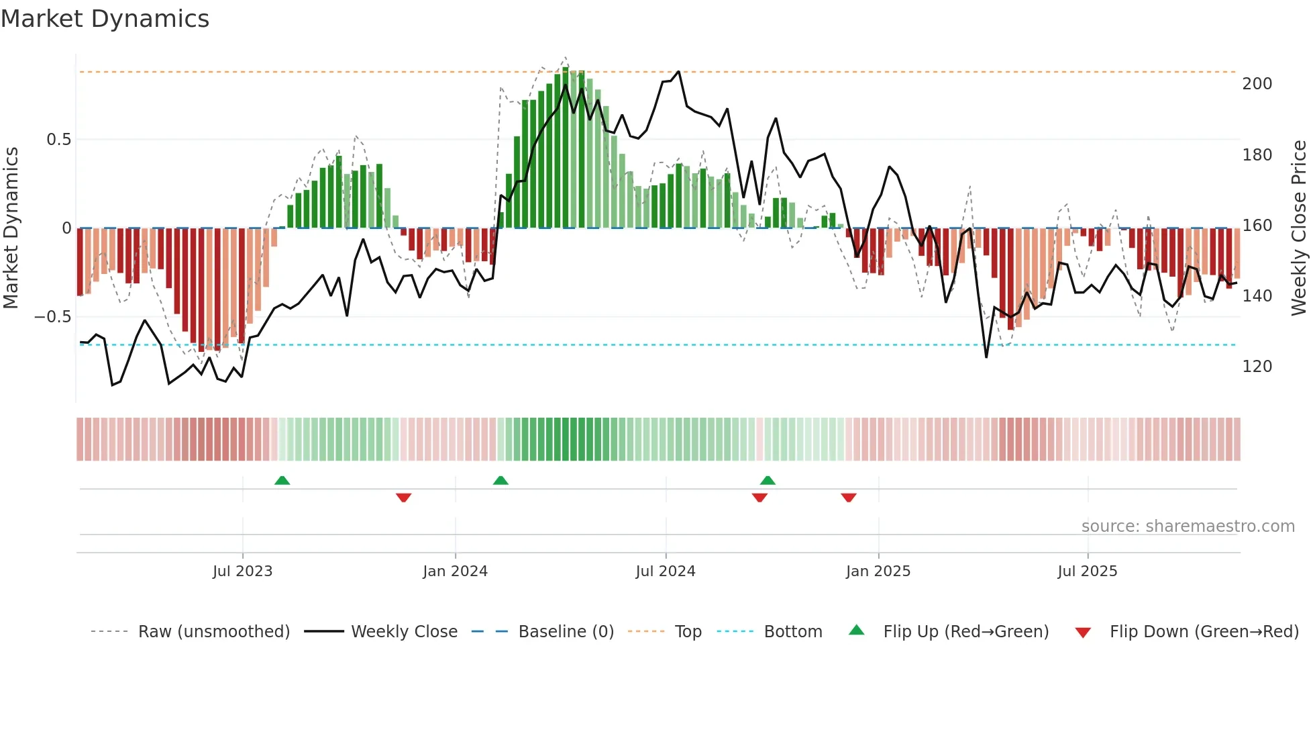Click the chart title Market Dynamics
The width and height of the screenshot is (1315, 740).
click(105, 19)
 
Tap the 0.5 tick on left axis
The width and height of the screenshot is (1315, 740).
click(58, 140)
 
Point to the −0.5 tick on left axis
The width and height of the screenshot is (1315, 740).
click(53, 316)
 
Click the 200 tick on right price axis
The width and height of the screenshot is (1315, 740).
click(1257, 84)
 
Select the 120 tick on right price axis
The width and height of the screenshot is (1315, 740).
click(1257, 367)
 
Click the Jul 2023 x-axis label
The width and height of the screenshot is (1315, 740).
click(242, 571)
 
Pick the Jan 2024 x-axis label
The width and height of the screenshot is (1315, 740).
click(455, 571)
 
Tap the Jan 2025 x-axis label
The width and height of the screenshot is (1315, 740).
click(878, 571)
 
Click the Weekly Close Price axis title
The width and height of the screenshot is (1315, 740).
click(1299, 228)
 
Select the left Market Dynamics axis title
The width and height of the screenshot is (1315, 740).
click(11, 228)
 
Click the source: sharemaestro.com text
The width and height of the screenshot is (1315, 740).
click(1188, 526)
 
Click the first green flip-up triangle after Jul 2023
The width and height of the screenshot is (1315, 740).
click(282, 480)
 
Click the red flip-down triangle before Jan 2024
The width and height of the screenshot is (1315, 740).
click(403, 498)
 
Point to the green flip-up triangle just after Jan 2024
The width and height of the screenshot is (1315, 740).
click(501, 480)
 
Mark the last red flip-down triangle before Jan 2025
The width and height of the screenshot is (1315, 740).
click(848, 498)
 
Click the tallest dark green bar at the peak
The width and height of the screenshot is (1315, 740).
click(566, 148)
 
